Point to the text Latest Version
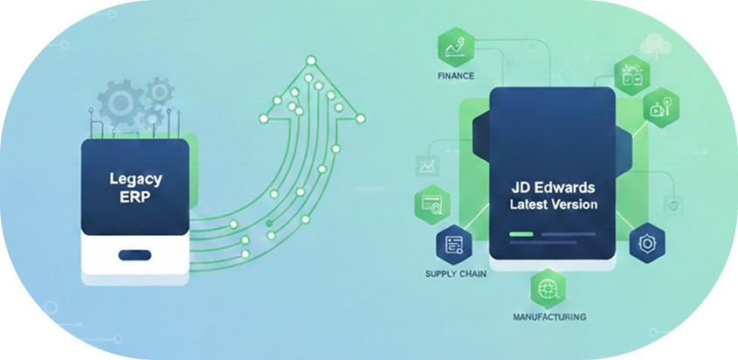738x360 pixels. (x=555, y=204)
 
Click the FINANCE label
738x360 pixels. (x=455, y=76)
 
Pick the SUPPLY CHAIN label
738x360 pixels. (x=454, y=274)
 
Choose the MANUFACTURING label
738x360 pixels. (x=549, y=316)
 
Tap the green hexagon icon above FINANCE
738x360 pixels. (x=456, y=44)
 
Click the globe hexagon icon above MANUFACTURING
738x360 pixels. (x=548, y=287)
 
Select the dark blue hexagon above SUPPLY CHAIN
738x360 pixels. (x=453, y=246)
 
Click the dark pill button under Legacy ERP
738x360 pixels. (x=134, y=255)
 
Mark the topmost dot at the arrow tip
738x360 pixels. (x=310, y=60)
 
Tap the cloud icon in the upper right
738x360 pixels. (x=653, y=44)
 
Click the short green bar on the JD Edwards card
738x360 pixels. (x=521, y=235)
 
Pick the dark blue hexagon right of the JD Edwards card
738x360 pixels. (x=646, y=243)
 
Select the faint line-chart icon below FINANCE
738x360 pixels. (x=428, y=165)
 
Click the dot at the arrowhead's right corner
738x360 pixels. (x=361, y=117)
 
